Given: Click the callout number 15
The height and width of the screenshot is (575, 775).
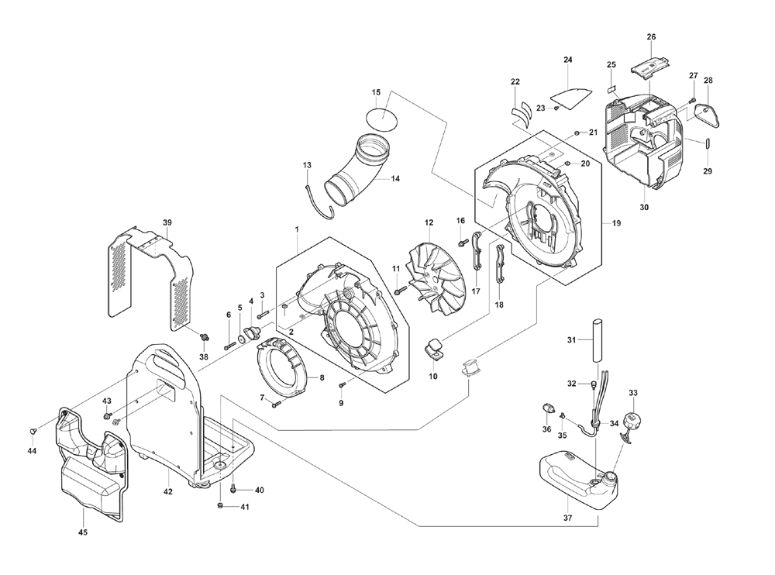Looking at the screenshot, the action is click(x=376, y=92).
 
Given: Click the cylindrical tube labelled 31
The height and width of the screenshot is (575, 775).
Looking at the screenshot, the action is click(x=597, y=341).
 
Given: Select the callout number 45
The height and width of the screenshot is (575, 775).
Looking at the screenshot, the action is click(x=83, y=532).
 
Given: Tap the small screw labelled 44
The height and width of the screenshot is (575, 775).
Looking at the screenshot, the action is click(x=33, y=432).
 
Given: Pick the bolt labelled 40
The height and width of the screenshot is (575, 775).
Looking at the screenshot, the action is click(x=233, y=489).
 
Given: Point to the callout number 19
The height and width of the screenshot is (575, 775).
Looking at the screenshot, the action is click(x=616, y=223).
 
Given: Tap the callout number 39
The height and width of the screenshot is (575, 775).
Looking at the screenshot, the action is click(x=167, y=222).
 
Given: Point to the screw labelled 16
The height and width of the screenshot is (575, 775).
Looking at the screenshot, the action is click(x=463, y=243).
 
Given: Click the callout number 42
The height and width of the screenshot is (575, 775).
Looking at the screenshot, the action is click(x=168, y=491).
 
